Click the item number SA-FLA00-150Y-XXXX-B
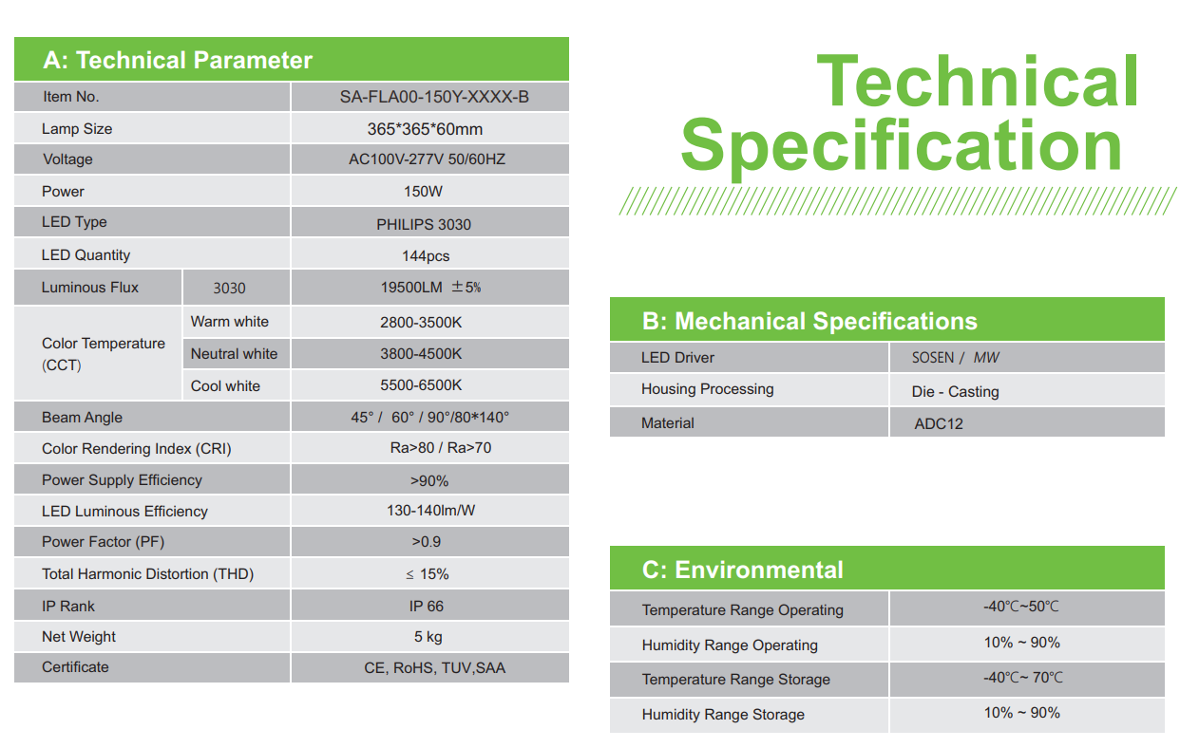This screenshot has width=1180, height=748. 434,97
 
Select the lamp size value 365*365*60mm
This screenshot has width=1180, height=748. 425,129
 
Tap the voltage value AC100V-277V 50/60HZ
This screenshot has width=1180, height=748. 427,159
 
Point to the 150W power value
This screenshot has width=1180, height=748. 423,191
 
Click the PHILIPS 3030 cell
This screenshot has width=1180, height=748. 424,224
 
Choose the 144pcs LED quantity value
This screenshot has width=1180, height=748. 426,256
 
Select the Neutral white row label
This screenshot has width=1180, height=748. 234,354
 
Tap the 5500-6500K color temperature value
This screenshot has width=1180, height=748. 421,385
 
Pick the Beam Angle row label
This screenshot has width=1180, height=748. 82,418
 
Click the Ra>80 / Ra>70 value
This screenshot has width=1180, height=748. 441,448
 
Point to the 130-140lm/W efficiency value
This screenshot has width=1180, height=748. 431,511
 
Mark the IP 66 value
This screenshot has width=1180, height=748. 427,607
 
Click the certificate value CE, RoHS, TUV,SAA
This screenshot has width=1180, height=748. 434,668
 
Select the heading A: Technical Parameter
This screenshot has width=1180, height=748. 178,60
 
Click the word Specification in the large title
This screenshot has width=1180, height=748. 902,147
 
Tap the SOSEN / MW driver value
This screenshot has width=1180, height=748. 955,358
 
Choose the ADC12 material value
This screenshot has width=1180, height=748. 939,423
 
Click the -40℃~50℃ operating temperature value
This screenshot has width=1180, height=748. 1021,607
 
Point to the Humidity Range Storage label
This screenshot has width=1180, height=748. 723,715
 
